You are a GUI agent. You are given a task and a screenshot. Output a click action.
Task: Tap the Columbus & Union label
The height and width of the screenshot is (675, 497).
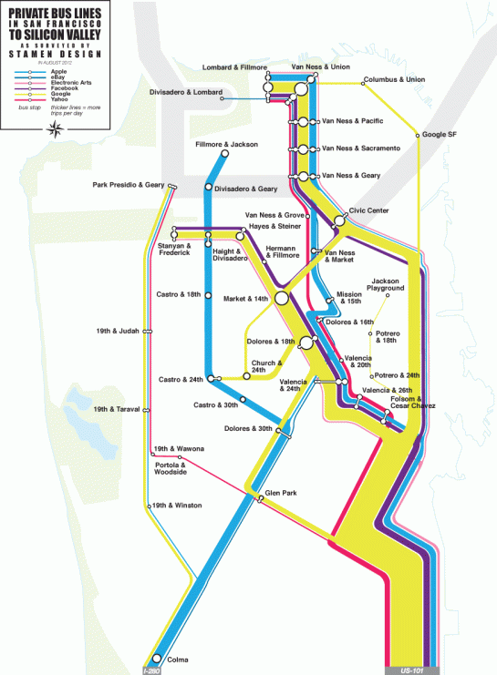pos(394,79)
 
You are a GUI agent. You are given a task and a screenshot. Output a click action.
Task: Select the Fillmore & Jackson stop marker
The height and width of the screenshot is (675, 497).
pos(224,154)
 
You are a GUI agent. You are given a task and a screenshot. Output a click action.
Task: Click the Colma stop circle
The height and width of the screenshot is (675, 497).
pos(157,659)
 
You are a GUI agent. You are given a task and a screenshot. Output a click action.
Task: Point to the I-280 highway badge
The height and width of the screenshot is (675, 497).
pos(152,670)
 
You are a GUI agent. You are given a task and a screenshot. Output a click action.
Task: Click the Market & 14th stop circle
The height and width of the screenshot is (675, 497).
pos(281,298)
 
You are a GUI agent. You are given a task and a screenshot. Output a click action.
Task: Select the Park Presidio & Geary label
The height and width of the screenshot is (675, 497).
pos(129,185)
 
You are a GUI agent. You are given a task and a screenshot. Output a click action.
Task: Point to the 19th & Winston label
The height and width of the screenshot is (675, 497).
pos(178,505)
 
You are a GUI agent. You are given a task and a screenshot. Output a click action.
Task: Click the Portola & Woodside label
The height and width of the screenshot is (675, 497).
pos(171,468)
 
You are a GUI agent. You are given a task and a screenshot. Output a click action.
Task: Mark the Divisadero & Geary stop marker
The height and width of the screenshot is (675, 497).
pos(209,188)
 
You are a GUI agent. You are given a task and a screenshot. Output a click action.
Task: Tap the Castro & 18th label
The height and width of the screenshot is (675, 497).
pos(179,294)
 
